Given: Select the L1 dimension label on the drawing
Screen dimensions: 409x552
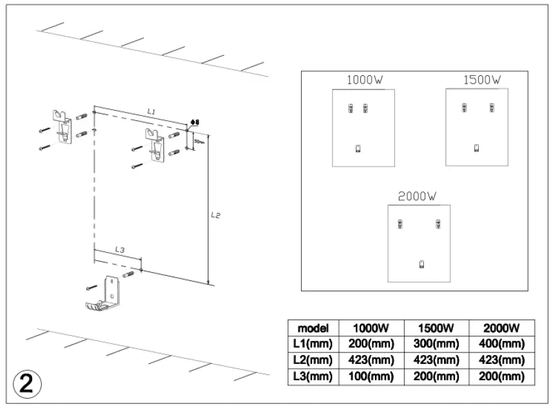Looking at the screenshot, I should tap(151, 111).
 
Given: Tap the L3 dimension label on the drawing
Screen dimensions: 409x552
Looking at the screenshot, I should tap(120, 249).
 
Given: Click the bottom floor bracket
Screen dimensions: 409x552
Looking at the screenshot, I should tap(104, 295).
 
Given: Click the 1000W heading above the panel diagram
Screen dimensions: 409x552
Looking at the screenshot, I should tap(364, 80).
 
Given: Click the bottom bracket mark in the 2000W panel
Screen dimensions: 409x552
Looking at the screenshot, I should tap(421, 263).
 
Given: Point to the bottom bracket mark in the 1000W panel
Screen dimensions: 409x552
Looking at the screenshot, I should tap(358, 149).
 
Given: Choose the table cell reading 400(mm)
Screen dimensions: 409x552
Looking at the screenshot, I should tap(499, 343).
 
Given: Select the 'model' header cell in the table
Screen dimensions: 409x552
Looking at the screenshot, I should tap(309, 327).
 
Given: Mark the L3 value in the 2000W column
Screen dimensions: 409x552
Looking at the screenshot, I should tap(499, 377).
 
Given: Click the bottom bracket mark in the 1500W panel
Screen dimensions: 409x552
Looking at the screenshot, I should tap(476, 149).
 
